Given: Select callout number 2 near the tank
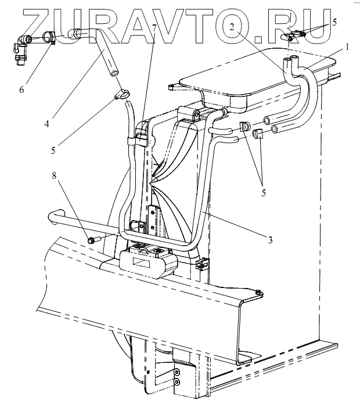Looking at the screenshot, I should pyautogui.click(x=232, y=27).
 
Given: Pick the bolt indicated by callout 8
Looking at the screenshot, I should pyautogui.click(x=92, y=239).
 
